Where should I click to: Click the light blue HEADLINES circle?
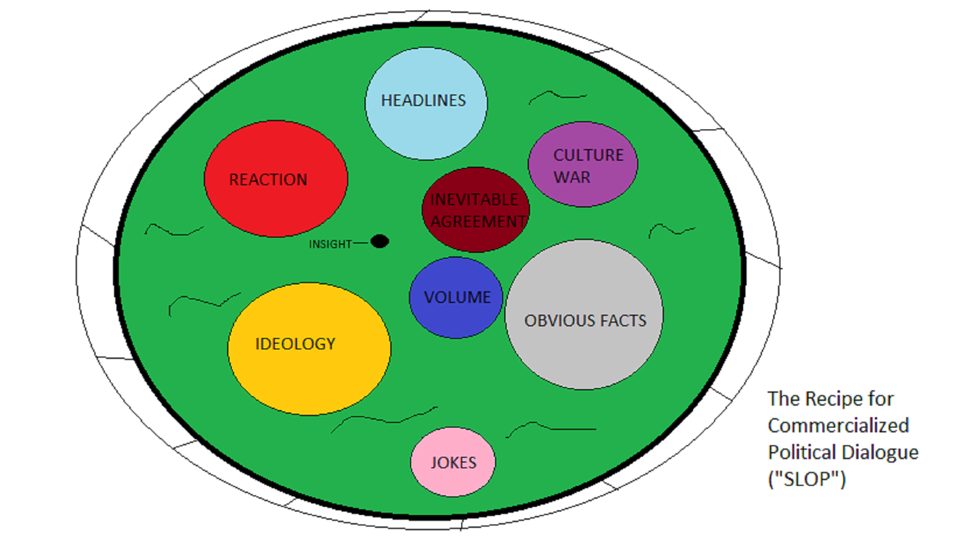tap(426, 119)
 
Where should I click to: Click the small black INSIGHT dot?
tap(380, 242)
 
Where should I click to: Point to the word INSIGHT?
tap(330, 244)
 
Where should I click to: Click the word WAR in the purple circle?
tap(572, 178)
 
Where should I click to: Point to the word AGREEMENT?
tap(478, 222)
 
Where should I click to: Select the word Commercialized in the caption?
tap(838, 426)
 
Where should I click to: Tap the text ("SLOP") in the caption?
tap(807, 479)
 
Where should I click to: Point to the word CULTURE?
tap(588, 155)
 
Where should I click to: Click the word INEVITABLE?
tap(474, 200)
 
